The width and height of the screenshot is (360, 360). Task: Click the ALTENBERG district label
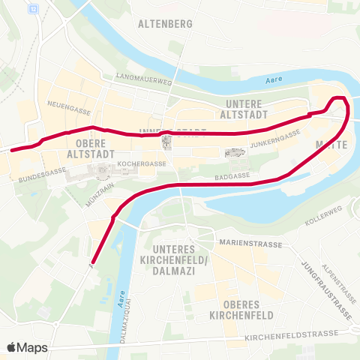(x=165, y=23)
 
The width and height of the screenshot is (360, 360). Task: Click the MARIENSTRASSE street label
(x=250, y=243)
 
